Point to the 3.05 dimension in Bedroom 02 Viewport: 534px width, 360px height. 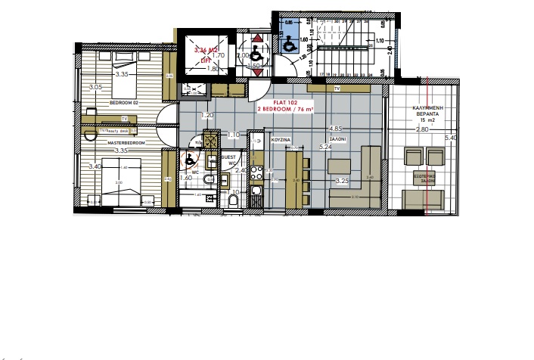coord(95,88)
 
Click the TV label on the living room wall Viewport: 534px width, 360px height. coord(337,89)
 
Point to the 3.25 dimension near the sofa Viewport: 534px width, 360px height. coord(341,182)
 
